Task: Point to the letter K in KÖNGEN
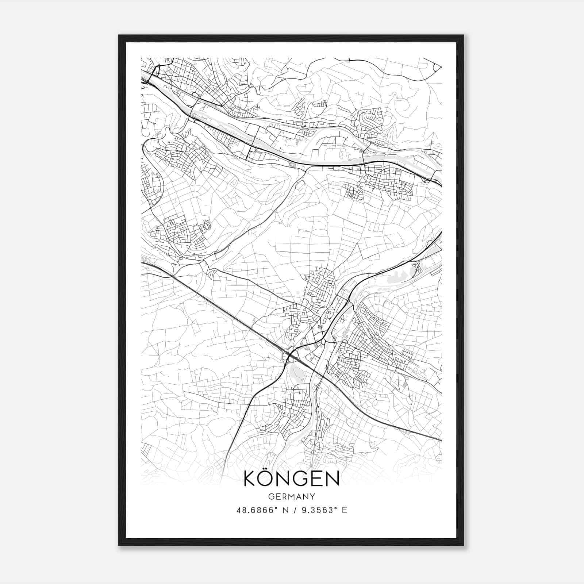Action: pyautogui.click(x=250, y=479)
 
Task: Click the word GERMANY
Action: pyautogui.click(x=291, y=497)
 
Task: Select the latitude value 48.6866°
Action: pyautogui.click(x=255, y=510)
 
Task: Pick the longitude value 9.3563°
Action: pyautogui.click(x=317, y=510)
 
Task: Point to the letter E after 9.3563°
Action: pyautogui.click(x=345, y=510)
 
